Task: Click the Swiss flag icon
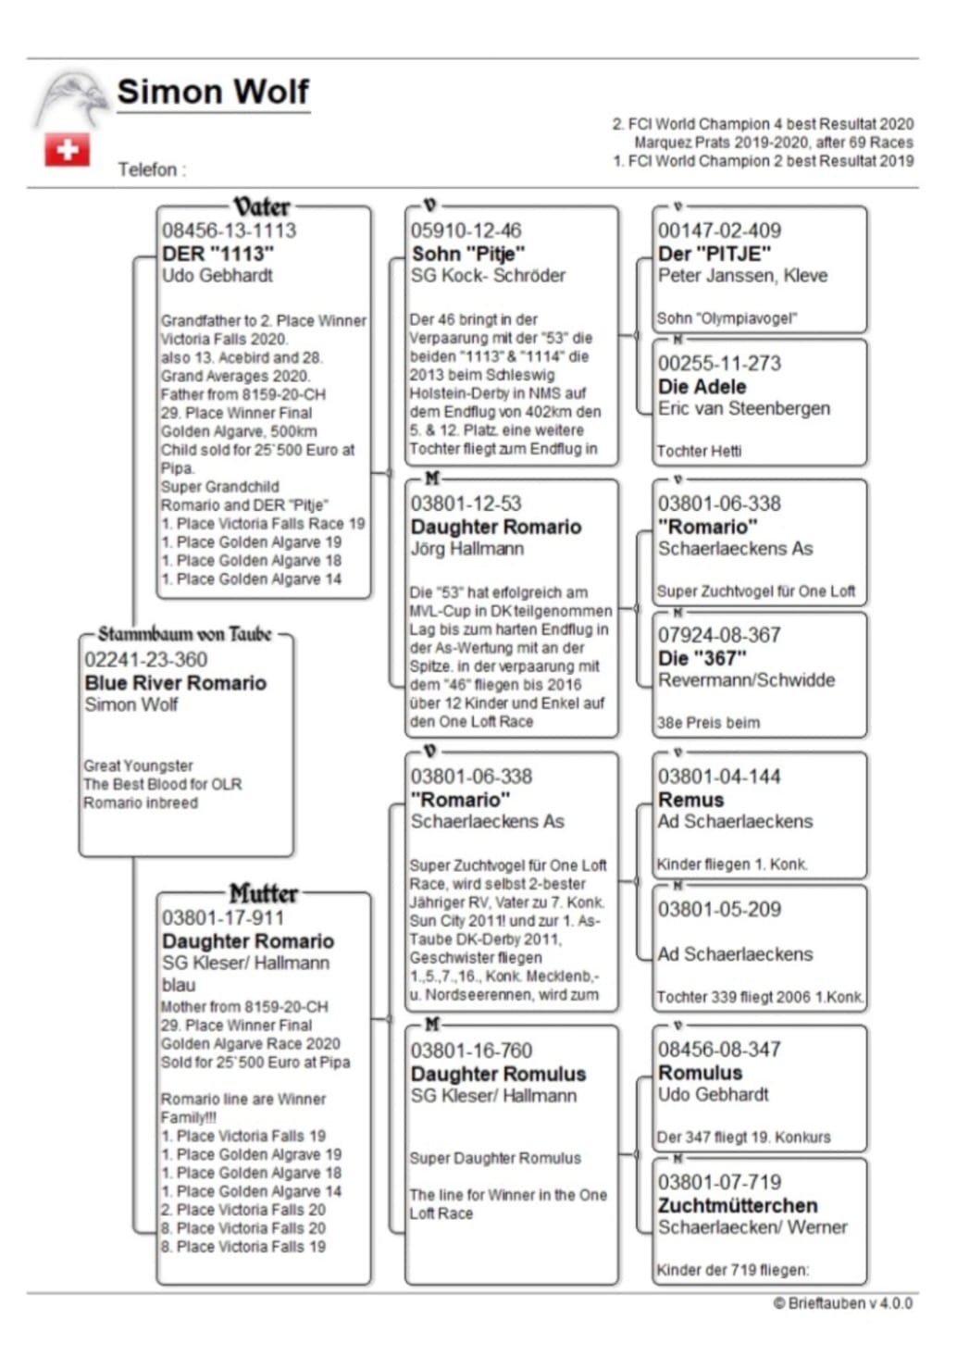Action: point(68,150)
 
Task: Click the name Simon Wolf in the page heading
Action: point(213,92)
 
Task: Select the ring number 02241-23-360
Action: point(145,660)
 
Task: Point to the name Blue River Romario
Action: point(175,683)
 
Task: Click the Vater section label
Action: point(261,206)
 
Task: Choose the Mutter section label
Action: point(264,894)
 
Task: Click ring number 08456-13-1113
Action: point(229,230)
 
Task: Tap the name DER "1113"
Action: point(218,254)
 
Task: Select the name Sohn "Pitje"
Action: point(467,254)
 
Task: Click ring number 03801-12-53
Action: point(466,504)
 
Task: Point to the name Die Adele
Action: point(702,387)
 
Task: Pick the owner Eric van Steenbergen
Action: point(743,408)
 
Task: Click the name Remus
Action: point(690,800)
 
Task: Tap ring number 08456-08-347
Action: point(719,1050)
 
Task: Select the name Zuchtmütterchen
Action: point(737,1206)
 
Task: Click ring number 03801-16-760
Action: point(471,1051)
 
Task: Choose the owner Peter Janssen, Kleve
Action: point(742,275)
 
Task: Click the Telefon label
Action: point(152,169)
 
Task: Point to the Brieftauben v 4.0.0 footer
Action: point(842,1303)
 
